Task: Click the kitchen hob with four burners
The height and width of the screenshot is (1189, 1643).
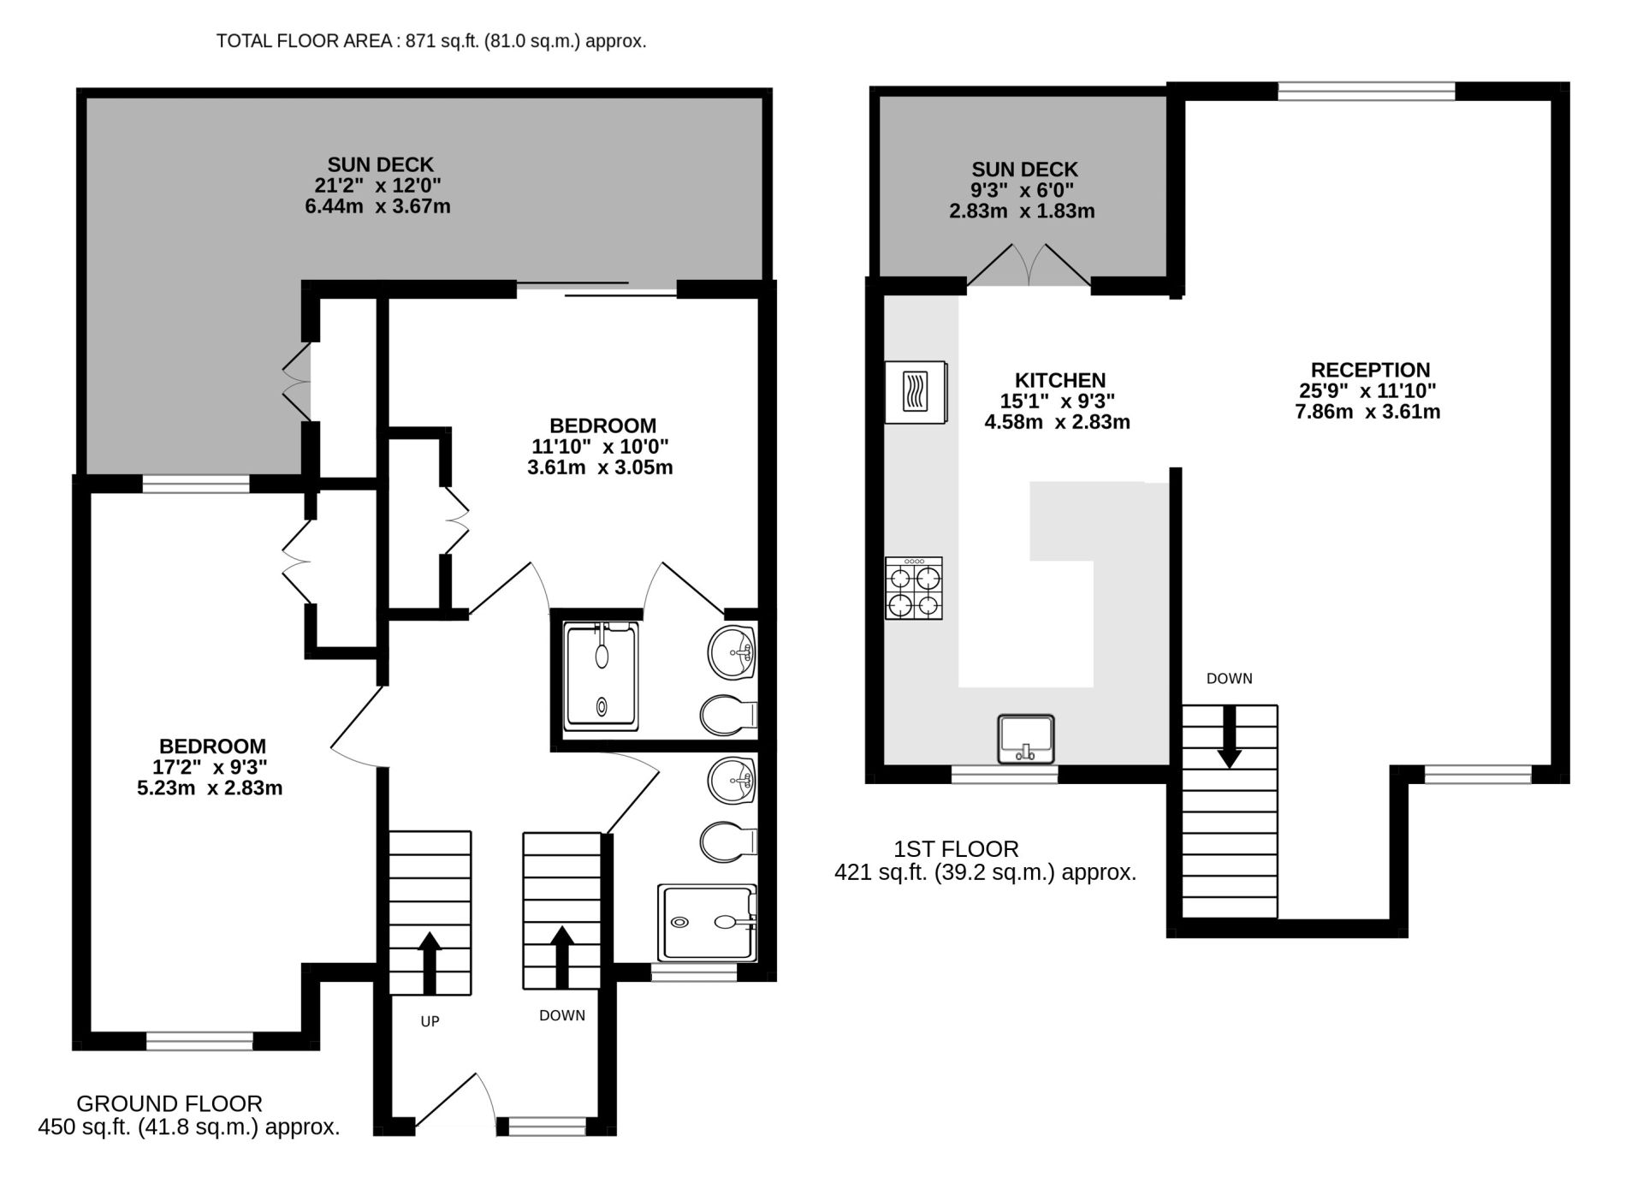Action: [913, 588]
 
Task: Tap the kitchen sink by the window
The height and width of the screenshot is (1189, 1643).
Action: [1025, 739]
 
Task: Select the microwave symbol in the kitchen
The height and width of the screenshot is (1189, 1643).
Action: [916, 391]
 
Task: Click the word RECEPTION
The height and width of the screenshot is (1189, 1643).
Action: [1370, 370]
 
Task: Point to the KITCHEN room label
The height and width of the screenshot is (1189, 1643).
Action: [1059, 380]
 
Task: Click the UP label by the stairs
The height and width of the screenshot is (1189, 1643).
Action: [430, 1021]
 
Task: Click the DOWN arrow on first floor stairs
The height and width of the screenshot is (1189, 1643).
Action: [1230, 736]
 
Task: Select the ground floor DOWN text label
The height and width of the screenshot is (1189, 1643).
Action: [562, 1015]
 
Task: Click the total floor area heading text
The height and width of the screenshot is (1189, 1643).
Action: [430, 40]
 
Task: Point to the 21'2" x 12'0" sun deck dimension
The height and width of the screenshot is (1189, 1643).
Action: [377, 185]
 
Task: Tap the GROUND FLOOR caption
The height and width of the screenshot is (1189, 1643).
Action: [169, 1103]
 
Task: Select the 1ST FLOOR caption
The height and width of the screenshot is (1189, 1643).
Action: [956, 849]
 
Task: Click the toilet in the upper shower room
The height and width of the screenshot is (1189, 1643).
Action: [728, 715]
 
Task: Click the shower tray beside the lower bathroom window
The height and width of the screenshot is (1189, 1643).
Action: [707, 923]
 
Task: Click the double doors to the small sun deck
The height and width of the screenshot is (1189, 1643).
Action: [1029, 265]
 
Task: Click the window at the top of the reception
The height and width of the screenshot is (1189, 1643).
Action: [1366, 91]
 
